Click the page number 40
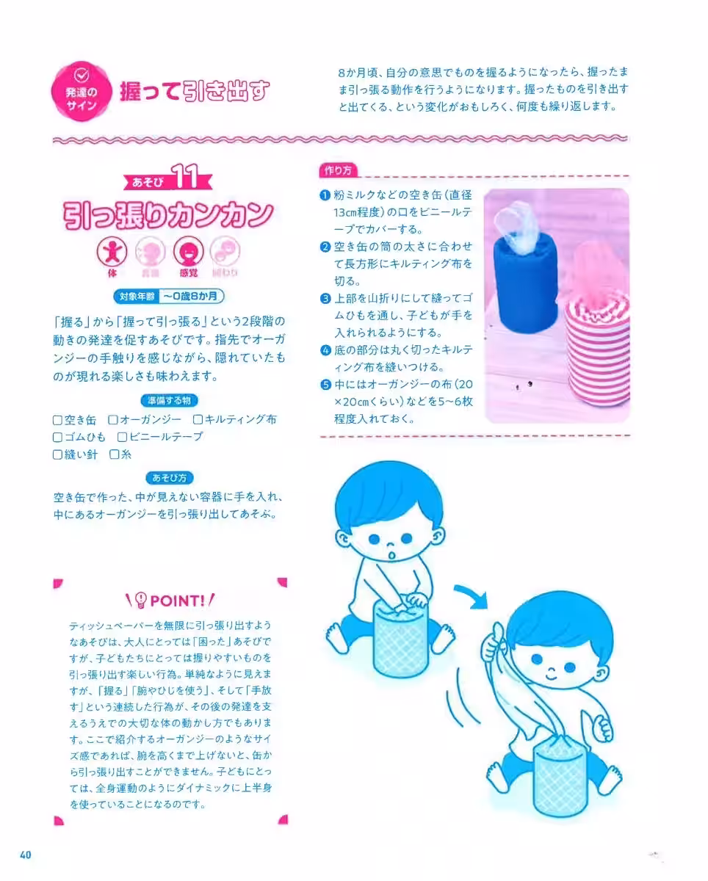pyautogui.click(x=25, y=854)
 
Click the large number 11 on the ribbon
pyautogui.click(x=189, y=178)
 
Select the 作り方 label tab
pyautogui.click(x=338, y=170)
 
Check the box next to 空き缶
pyautogui.click(x=57, y=421)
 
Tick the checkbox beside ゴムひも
pyautogui.click(x=57, y=438)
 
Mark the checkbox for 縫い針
pyautogui.click(x=57, y=454)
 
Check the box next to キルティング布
pyautogui.click(x=198, y=421)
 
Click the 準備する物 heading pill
pyautogui.click(x=170, y=401)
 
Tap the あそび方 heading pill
pyautogui.click(x=170, y=478)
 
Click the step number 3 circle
pyautogui.click(x=325, y=299)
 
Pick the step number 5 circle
pyautogui.click(x=325, y=383)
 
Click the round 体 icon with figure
pyautogui.click(x=113, y=253)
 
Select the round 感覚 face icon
pyautogui.click(x=188, y=253)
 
